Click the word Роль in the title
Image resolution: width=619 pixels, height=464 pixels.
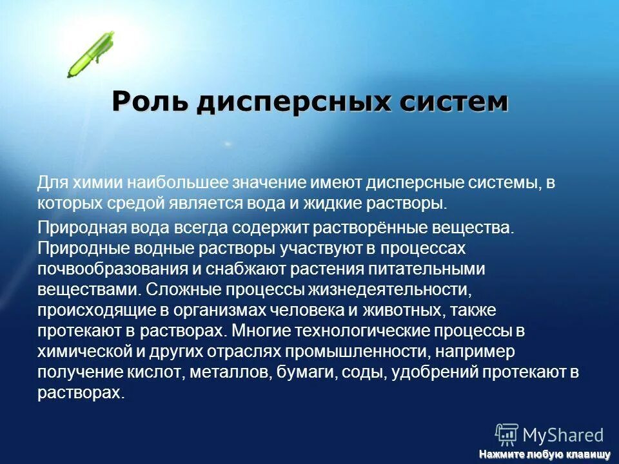(150, 102)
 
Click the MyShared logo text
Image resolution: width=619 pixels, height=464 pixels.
(563, 435)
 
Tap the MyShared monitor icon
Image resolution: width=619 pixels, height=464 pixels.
(507, 435)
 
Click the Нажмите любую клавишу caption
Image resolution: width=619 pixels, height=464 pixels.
(544, 455)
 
